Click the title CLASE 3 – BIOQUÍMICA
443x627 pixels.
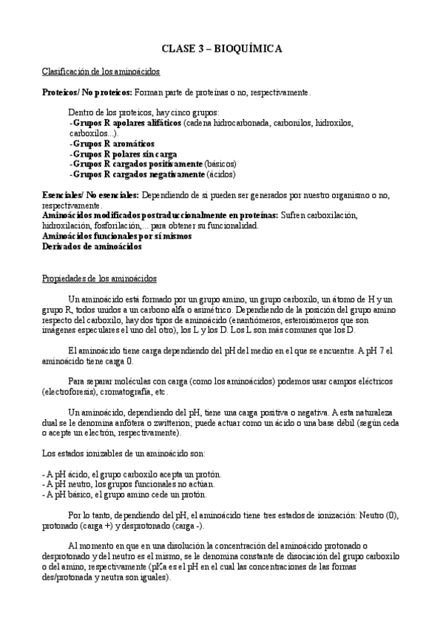221,49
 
